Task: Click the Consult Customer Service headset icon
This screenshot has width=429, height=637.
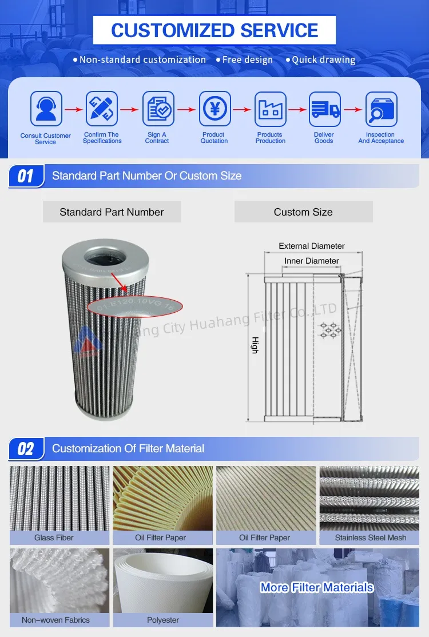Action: coord(45,109)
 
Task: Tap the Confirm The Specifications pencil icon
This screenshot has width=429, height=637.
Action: coord(101,109)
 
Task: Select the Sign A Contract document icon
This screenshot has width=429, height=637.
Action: coord(157,109)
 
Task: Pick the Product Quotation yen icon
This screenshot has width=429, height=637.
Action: coord(214,109)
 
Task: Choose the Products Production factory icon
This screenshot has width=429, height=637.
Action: coord(271,109)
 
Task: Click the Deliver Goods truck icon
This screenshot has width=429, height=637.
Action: coord(324,109)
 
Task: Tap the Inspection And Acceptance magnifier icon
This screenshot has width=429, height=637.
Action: coord(381,109)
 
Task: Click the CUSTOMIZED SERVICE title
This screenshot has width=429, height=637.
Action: coord(214,30)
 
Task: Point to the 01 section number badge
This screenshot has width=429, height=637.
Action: coord(25,176)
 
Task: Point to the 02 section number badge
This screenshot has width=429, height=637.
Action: coord(25,449)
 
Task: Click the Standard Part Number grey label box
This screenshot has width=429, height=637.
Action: coord(112,212)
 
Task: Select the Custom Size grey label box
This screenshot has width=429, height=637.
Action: coord(303,212)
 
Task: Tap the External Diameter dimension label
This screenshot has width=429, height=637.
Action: coord(312,246)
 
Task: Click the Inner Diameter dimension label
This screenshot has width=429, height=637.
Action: coord(312,261)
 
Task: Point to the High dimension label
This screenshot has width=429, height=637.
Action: coord(255,345)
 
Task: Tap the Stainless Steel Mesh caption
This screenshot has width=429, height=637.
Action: coord(370,538)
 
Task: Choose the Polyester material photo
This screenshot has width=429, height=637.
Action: coord(163,580)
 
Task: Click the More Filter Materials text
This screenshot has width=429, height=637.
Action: coord(317,587)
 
